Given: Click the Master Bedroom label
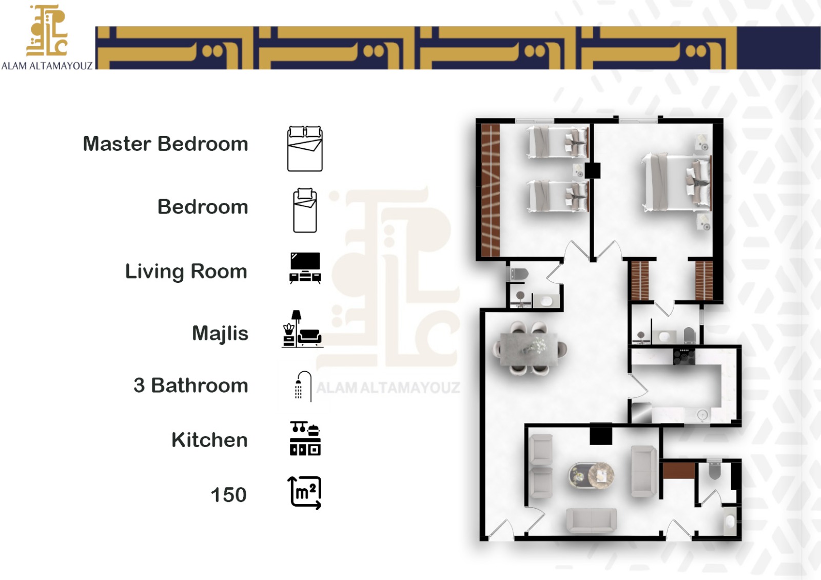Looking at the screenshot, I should click(x=165, y=144).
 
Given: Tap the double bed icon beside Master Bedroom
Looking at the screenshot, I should click(x=305, y=149).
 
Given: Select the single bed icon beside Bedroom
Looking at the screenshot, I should click(x=305, y=210).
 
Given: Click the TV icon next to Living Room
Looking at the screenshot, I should click(x=305, y=267).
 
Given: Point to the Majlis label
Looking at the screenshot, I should click(x=220, y=334).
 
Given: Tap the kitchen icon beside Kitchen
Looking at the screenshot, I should click(x=305, y=439).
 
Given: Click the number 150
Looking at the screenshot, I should click(x=228, y=495).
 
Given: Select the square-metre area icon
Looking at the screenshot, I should click(x=305, y=493).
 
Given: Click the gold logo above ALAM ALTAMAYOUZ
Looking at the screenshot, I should click(x=47, y=31).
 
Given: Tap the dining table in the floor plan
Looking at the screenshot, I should click(x=530, y=349).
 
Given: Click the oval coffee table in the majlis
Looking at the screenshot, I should click(x=592, y=476).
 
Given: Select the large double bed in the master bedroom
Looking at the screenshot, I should click(x=676, y=182).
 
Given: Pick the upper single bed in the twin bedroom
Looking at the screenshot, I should click(x=558, y=142).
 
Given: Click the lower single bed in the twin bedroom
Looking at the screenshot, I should click(x=558, y=196).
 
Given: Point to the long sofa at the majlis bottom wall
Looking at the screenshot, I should click(x=591, y=520).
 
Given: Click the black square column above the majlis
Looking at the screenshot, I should click(x=601, y=435).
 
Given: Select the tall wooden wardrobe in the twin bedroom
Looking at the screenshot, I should click(x=491, y=190).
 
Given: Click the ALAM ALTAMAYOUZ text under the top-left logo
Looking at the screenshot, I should click(x=47, y=66).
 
